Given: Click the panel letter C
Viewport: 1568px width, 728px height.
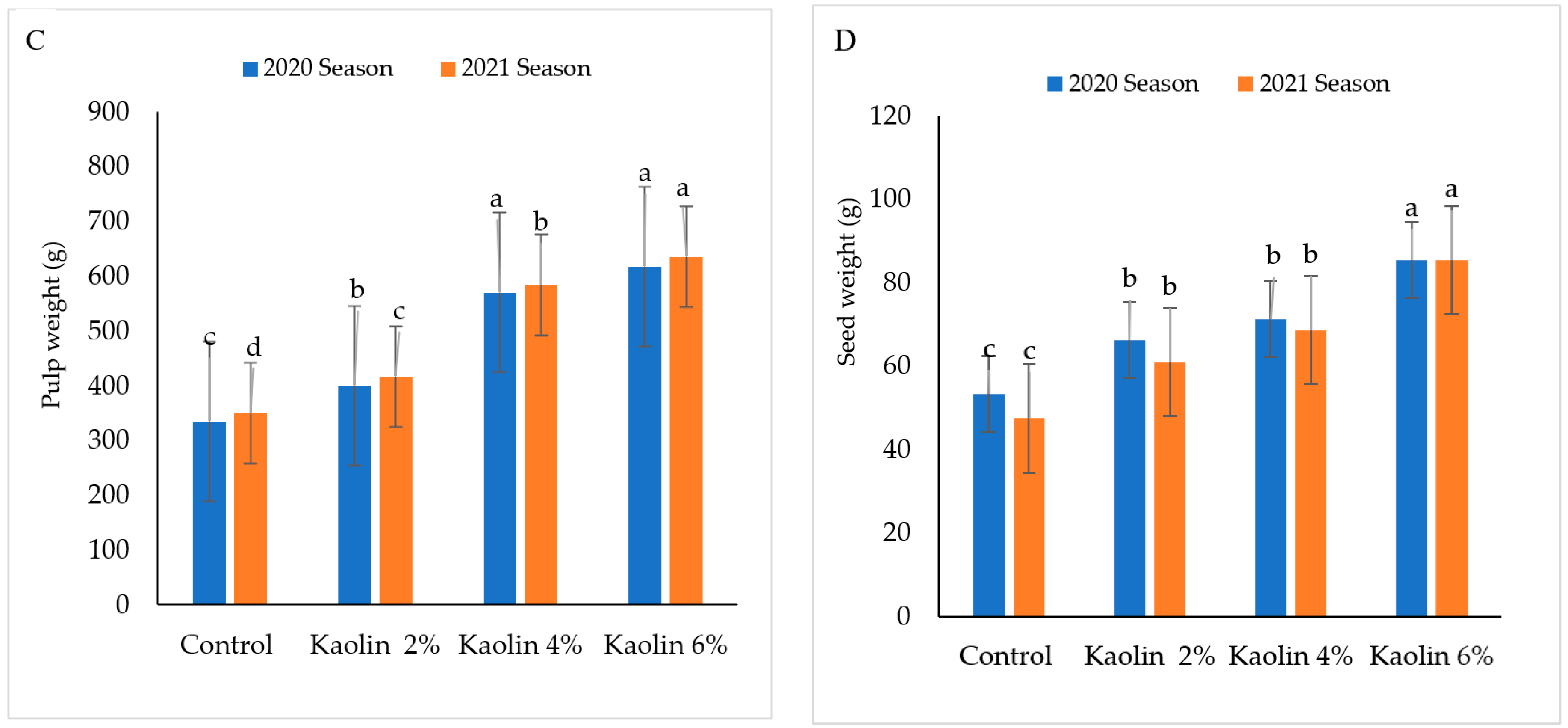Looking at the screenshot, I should (35, 41).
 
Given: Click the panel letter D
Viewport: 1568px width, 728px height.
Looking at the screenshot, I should (844, 41).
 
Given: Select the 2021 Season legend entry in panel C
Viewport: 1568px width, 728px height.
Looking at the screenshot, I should (516, 68).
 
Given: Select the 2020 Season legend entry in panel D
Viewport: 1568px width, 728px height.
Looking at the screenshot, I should (1123, 83).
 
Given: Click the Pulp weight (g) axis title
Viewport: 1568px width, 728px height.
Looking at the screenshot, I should (53, 325).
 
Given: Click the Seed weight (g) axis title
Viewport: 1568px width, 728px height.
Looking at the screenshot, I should (847, 282).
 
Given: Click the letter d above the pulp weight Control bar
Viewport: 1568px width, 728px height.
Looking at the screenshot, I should (253, 347).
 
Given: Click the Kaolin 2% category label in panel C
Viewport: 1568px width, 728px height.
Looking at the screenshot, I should (374, 645).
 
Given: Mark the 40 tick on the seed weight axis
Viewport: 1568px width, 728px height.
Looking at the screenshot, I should (896, 449).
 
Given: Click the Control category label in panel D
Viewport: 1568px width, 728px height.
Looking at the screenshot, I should (1005, 656).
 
